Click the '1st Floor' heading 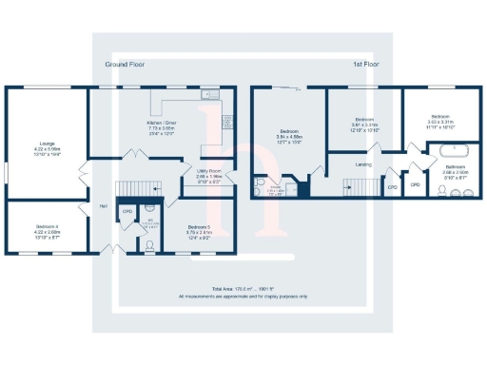(x=364, y=65)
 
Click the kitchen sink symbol (x=208, y=95)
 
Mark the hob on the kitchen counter (x=225, y=120)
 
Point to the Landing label (x=362, y=164)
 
